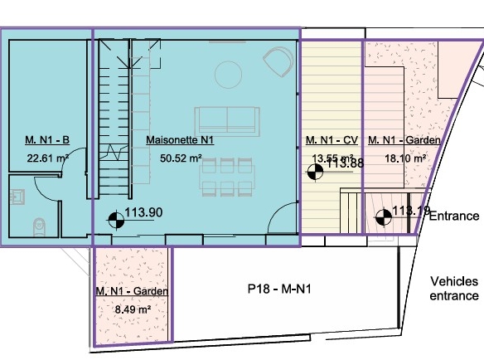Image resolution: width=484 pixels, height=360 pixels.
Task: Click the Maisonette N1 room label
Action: tap(180, 140)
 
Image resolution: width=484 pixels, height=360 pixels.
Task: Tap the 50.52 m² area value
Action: tap(181, 158)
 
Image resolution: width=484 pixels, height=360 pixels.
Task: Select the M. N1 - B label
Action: tap(47, 140)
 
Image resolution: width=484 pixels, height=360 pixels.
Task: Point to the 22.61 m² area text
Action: tap(47, 158)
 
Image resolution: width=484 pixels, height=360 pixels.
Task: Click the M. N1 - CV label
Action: tap(332, 140)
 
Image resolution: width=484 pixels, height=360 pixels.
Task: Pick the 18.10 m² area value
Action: tap(405, 158)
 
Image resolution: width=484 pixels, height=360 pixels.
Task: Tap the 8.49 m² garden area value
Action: tap(133, 309)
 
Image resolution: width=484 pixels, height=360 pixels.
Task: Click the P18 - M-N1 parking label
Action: tap(279, 289)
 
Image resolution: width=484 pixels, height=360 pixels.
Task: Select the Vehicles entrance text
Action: tap(454, 289)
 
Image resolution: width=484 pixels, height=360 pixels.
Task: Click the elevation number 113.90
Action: tap(143, 212)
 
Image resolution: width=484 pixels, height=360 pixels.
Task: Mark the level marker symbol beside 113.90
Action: tap(116, 221)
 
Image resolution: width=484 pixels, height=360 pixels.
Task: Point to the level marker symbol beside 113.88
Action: tap(315, 173)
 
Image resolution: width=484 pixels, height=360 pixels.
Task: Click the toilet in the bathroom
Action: tap(39, 227)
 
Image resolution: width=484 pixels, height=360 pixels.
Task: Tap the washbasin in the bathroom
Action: tap(17, 197)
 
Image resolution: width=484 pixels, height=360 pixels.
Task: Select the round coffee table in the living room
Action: tap(229, 75)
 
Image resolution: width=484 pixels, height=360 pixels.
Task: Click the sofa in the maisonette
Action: tap(227, 121)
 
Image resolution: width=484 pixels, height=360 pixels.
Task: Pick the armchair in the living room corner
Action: tap(278, 61)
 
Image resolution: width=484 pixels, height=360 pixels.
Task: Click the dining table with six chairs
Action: tap(227, 178)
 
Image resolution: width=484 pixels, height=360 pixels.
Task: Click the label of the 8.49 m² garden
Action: tap(132, 291)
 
